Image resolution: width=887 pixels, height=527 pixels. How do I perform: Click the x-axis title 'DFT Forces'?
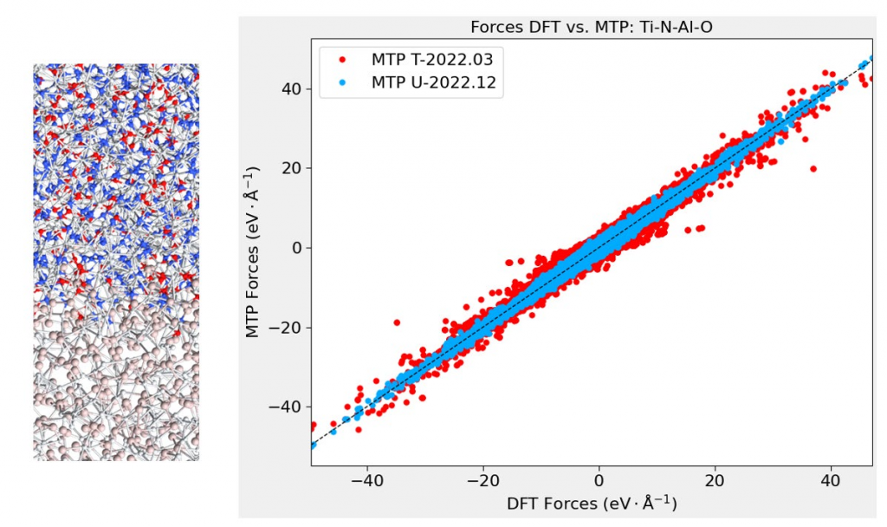(x=591, y=504)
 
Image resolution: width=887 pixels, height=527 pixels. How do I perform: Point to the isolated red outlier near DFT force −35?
(x=397, y=322)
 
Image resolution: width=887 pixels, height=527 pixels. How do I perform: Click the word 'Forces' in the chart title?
(x=495, y=28)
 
